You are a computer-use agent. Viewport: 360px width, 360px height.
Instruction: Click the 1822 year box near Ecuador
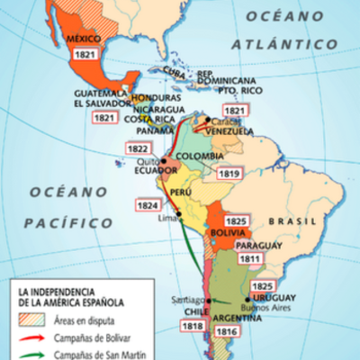click(139, 149)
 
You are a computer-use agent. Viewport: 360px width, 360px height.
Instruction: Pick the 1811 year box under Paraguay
click(249, 260)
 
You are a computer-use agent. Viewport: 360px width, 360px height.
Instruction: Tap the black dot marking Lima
click(179, 213)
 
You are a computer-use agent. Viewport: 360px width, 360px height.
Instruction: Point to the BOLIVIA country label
click(230, 231)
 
